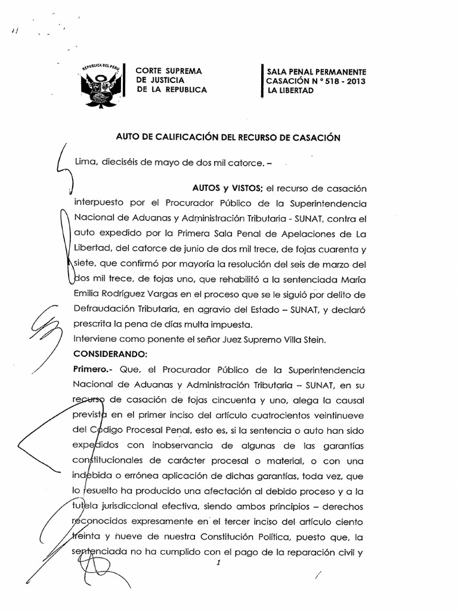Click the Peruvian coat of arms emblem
(x=101, y=86)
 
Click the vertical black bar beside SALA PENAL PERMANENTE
(x=262, y=81)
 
